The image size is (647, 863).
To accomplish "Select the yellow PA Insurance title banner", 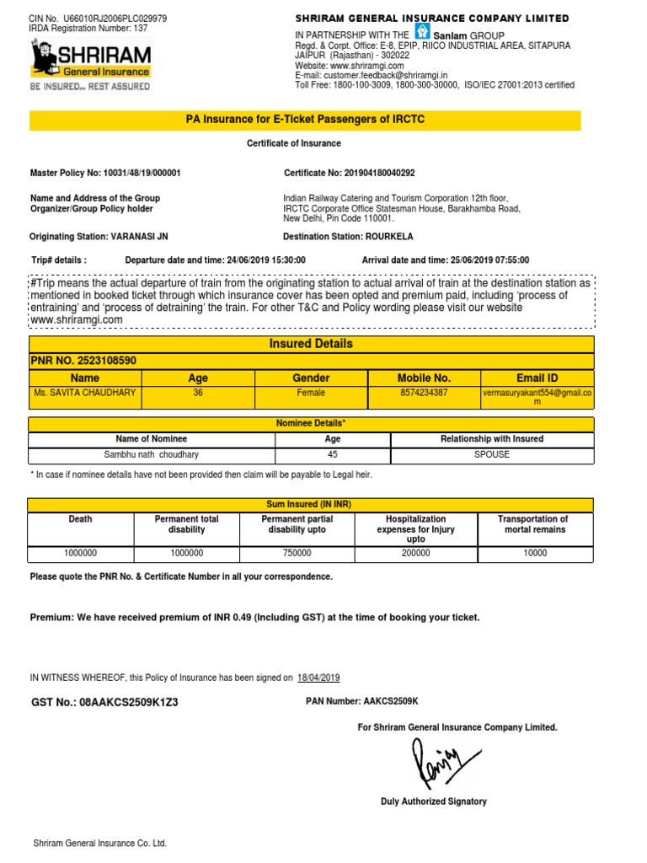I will (305, 120).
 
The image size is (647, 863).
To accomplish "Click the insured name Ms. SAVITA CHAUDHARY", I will (85, 393).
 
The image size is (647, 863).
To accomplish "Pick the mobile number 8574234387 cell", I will (424, 393).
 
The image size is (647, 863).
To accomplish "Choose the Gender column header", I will (310, 378).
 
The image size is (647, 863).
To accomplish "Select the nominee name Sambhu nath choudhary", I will (152, 455).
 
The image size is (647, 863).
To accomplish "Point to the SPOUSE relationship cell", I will (492, 455).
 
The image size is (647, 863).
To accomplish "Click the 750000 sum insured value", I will (297, 554).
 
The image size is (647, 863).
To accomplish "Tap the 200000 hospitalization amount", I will (415, 554).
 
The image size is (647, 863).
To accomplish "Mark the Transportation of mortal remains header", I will (534, 524).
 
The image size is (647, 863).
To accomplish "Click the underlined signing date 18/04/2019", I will (318, 678).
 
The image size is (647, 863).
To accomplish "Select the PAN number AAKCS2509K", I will (390, 701).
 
